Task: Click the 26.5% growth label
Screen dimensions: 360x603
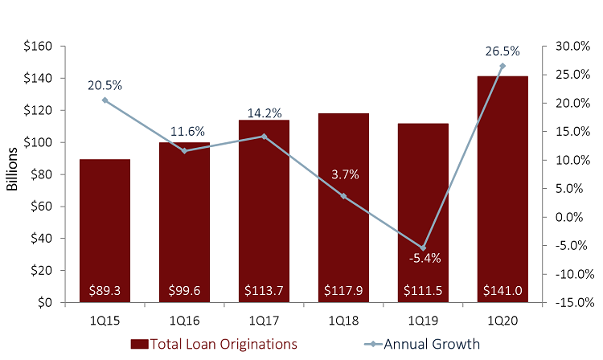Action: pyautogui.click(x=503, y=51)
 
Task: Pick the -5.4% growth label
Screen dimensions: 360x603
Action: pyautogui.click(x=423, y=258)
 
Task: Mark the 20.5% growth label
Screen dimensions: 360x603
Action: pyautogui.click(x=105, y=85)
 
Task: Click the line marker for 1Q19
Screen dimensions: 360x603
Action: pyautogui.click(x=423, y=247)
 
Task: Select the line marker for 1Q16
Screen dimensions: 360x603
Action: pyautogui.click(x=184, y=151)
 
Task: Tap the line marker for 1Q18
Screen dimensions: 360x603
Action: pyautogui.click(x=343, y=196)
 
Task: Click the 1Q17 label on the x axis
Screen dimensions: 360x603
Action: pyautogui.click(x=264, y=320)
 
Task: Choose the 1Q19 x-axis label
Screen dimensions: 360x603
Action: pyautogui.click(x=423, y=320)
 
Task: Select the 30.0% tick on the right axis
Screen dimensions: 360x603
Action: pyautogui.click(x=568, y=47)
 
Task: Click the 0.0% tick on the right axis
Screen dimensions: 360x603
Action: pyautogui.click(x=571, y=217)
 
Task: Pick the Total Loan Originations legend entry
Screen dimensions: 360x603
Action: pyautogui.click(x=214, y=344)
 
